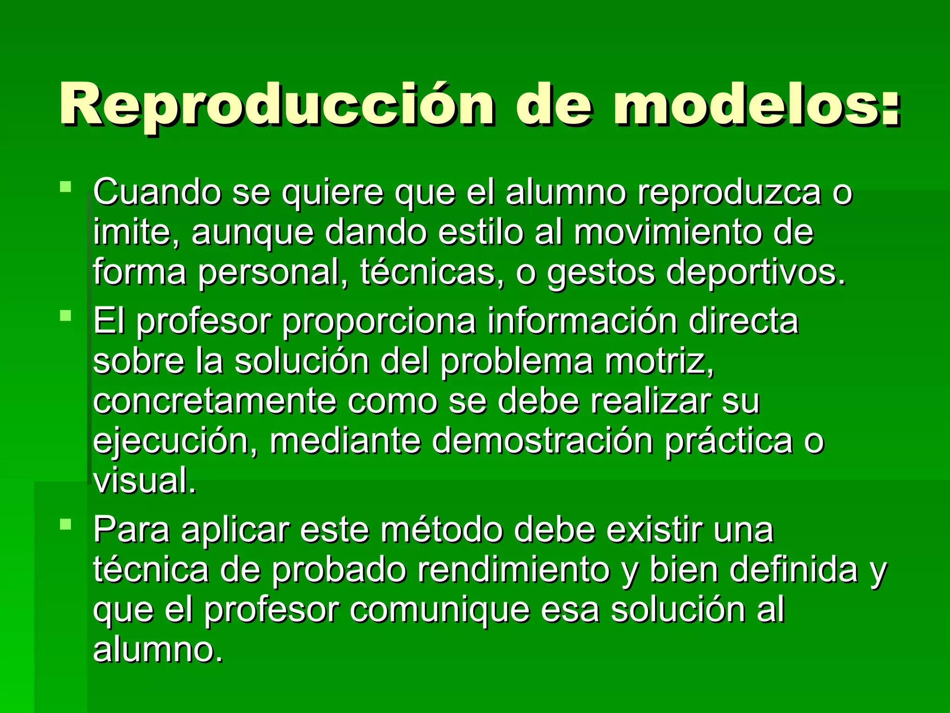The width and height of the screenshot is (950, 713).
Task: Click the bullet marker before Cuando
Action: pyautogui.click(x=66, y=187)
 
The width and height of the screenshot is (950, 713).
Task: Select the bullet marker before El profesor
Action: pyautogui.click(x=66, y=316)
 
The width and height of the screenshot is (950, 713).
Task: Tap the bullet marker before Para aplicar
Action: pyautogui.click(x=66, y=525)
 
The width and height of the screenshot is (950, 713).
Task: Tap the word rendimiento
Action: pyautogui.click(x=514, y=570)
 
